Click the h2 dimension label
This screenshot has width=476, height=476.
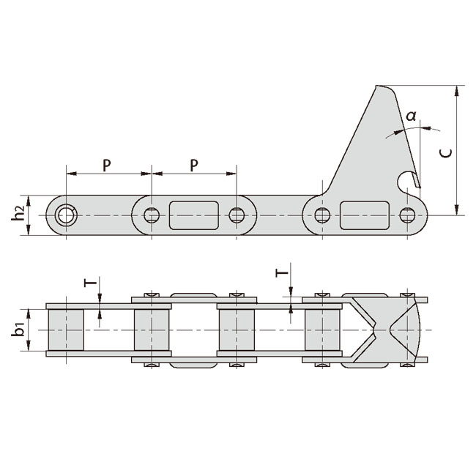coord(19,214)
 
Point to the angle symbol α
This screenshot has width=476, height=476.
coord(411,115)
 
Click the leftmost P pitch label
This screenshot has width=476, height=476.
coord(107,165)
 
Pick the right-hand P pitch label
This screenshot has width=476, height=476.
coord(194,165)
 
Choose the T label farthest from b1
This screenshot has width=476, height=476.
coord(280,273)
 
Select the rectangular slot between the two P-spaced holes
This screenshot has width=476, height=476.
coord(193,215)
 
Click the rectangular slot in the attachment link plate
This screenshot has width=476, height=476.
coord(364,215)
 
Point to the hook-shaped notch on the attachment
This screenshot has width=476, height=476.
coord(404,178)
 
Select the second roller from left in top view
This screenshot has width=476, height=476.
coord(152,330)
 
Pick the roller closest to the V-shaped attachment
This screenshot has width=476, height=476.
coord(321,330)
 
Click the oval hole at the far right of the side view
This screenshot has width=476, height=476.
coord(407,215)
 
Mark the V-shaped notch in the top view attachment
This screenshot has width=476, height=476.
coord(382,329)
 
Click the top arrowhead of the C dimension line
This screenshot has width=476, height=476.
coord(458,90)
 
